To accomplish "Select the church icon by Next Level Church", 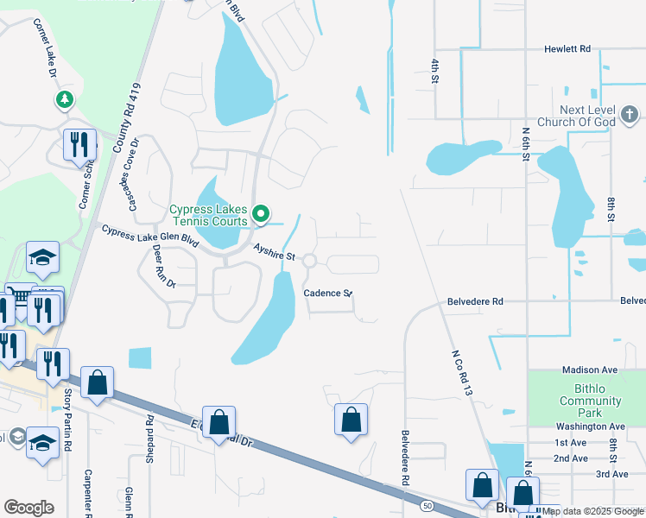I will [x=630, y=113].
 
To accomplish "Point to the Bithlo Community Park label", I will [x=590, y=401].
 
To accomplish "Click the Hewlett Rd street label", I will [x=567, y=49].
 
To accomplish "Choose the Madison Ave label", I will [x=590, y=370].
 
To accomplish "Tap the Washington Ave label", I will [x=590, y=426].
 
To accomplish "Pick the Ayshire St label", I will [x=275, y=252].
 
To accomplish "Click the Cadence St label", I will [x=327, y=294].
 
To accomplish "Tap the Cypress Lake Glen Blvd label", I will [x=150, y=237].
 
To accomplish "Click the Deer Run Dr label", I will [x=162, y=266].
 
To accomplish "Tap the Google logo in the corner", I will [x=28, y=508].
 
